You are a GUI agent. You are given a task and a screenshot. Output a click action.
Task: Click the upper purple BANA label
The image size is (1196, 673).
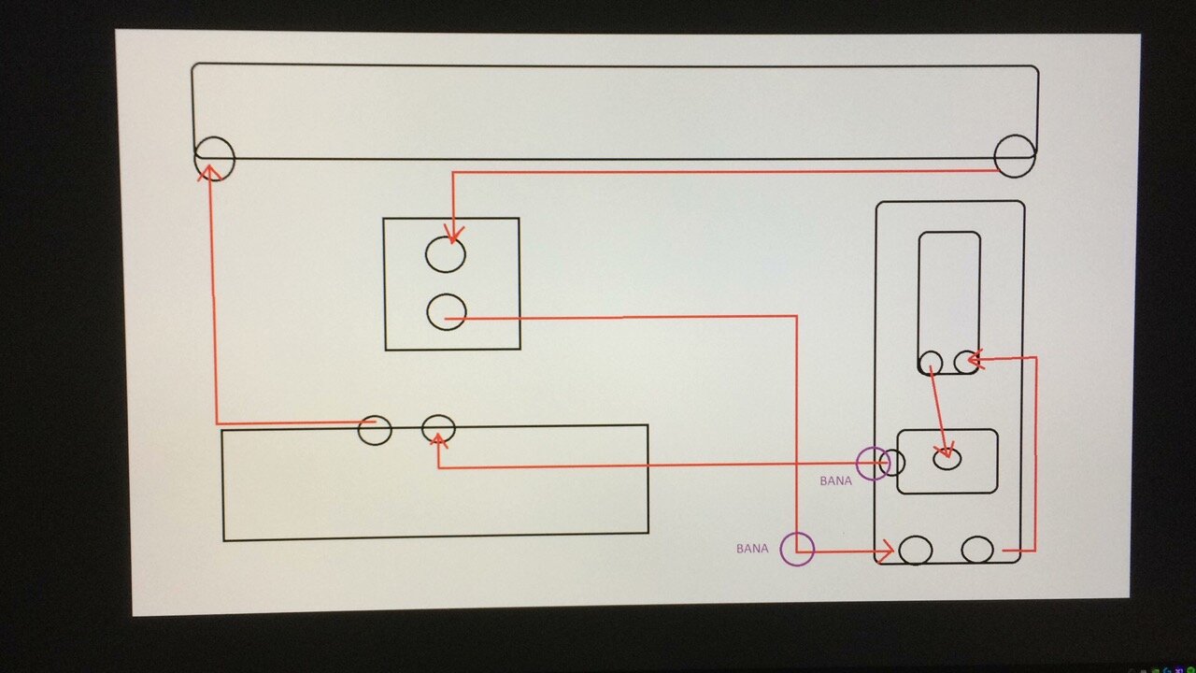pos(835,481)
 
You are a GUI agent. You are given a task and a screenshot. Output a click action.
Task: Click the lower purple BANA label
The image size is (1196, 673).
pos(752,549)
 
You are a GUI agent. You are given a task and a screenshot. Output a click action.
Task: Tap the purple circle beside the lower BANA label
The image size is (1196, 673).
pos(780,549)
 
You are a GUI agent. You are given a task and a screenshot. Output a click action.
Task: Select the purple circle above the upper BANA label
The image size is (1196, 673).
pos(857,464)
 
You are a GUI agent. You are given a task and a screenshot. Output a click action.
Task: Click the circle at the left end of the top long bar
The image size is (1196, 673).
pos(194,159)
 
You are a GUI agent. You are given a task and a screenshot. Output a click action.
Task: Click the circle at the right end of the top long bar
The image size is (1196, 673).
pos(995,156)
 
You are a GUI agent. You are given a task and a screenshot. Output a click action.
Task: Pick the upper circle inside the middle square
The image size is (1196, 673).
pos(426,254)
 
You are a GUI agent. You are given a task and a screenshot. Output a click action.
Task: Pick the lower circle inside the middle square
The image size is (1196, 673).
pos(428,312)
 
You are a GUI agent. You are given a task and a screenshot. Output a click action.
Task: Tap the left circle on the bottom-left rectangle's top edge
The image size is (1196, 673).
pos(359,431)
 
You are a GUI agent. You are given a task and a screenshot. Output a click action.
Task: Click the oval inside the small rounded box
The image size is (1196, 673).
pos(933,459)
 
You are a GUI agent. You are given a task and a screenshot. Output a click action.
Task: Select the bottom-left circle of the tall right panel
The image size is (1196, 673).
pos(900,551)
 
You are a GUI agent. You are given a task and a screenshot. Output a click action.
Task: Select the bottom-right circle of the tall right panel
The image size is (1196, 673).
pos(962,550)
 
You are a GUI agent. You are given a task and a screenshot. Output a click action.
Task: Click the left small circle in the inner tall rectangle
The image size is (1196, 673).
pos(920,363)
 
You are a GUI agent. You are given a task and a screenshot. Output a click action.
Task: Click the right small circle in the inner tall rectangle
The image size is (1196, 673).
pos(955,362)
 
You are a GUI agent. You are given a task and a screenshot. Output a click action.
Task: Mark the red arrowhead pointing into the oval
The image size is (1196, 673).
pos(946,450)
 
